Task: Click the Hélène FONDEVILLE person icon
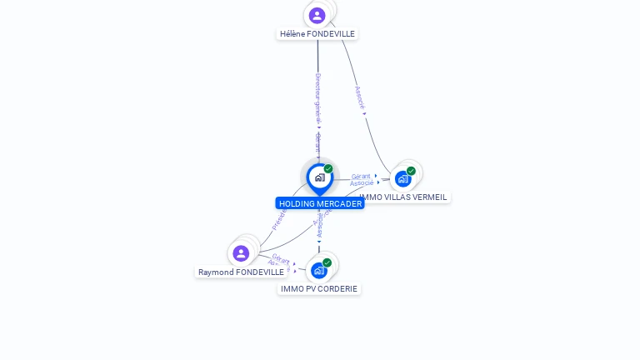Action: click(317, 15)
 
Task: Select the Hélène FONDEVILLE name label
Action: click(317, 34)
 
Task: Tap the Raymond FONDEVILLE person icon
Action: click(241, 253)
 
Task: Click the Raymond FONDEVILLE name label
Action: click(241, 272)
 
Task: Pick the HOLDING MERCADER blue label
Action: click(320, 203)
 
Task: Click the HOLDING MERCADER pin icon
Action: click(319, 177)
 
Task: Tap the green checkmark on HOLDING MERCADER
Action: click(328, 169)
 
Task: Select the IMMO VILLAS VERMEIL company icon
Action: click(403, 178)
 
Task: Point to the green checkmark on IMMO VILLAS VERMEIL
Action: click(411, 171)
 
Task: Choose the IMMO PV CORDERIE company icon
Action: click(318, 270)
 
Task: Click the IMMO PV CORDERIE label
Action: click(319, 289)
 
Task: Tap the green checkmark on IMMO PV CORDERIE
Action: click(327, 262)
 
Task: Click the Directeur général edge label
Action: click(317, 97)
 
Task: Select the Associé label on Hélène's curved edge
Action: click(359, 97)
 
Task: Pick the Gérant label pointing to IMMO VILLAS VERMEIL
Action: click(361, 176)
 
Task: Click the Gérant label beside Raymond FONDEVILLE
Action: click(281, 258)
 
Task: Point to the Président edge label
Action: click(279, 218)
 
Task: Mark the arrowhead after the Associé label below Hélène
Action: click(365, 113)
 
